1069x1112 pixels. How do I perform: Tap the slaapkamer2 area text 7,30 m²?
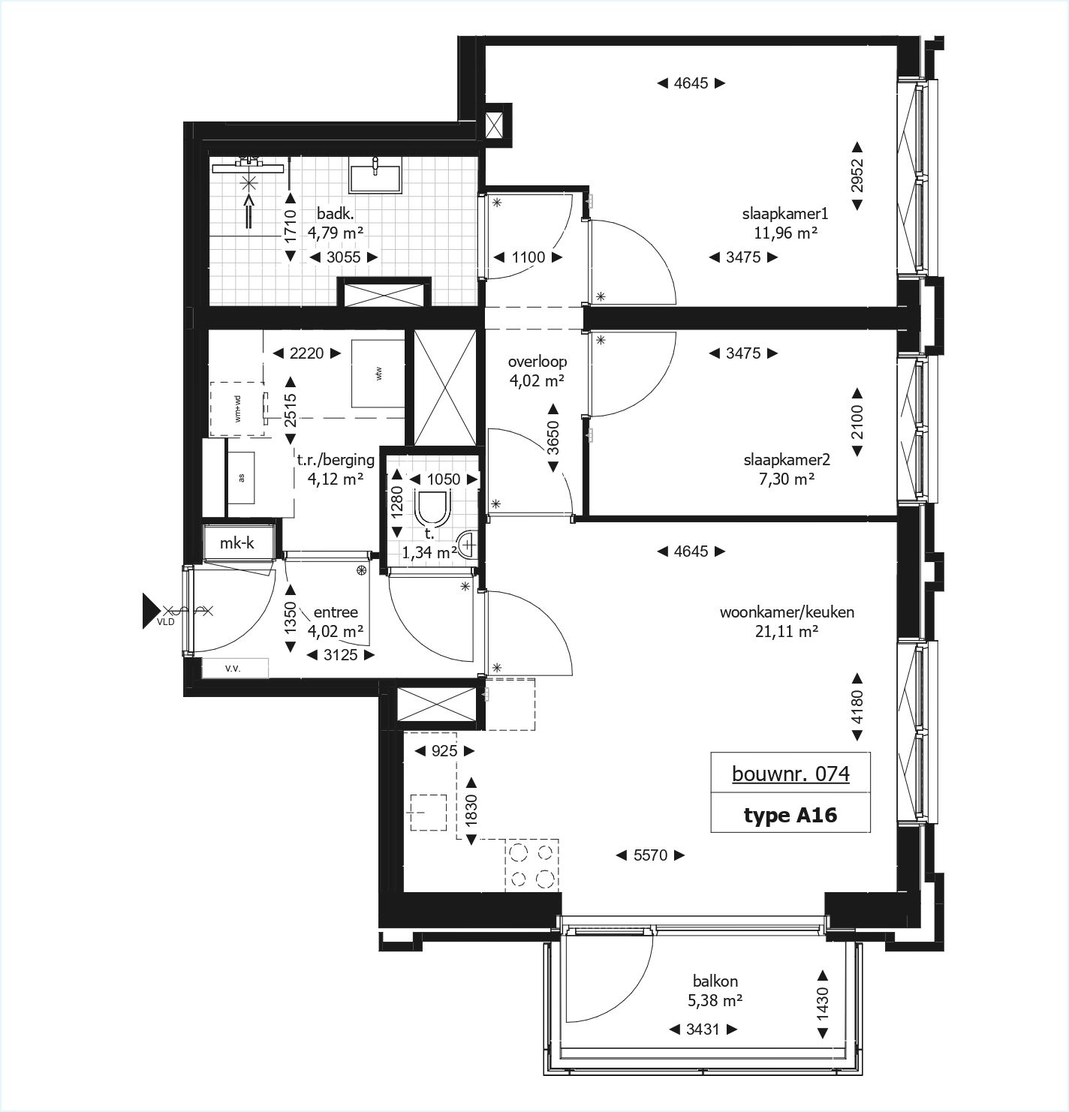pos(786,478)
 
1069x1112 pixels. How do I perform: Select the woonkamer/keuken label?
pos(786,612)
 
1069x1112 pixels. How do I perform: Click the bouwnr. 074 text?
pos(790,773)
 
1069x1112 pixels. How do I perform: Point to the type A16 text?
pos(790,815)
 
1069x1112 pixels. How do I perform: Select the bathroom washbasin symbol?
pos(375,178)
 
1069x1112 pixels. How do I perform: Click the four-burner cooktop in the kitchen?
pos(531,864)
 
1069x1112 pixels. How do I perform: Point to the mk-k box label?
pos(237,543)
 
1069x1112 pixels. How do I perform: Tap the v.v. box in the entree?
pos(233,668)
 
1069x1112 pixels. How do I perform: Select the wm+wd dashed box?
pos(237,409)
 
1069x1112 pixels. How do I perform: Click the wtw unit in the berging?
pos(379,372)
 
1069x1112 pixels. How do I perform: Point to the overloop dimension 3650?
pos(553,438)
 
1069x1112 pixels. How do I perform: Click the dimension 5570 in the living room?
pos(650,855)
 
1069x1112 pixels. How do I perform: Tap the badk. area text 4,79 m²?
pos(335,233)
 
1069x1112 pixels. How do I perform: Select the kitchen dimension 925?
pos(444,750)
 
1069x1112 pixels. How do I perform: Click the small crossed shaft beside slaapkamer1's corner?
pos(497,124)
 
